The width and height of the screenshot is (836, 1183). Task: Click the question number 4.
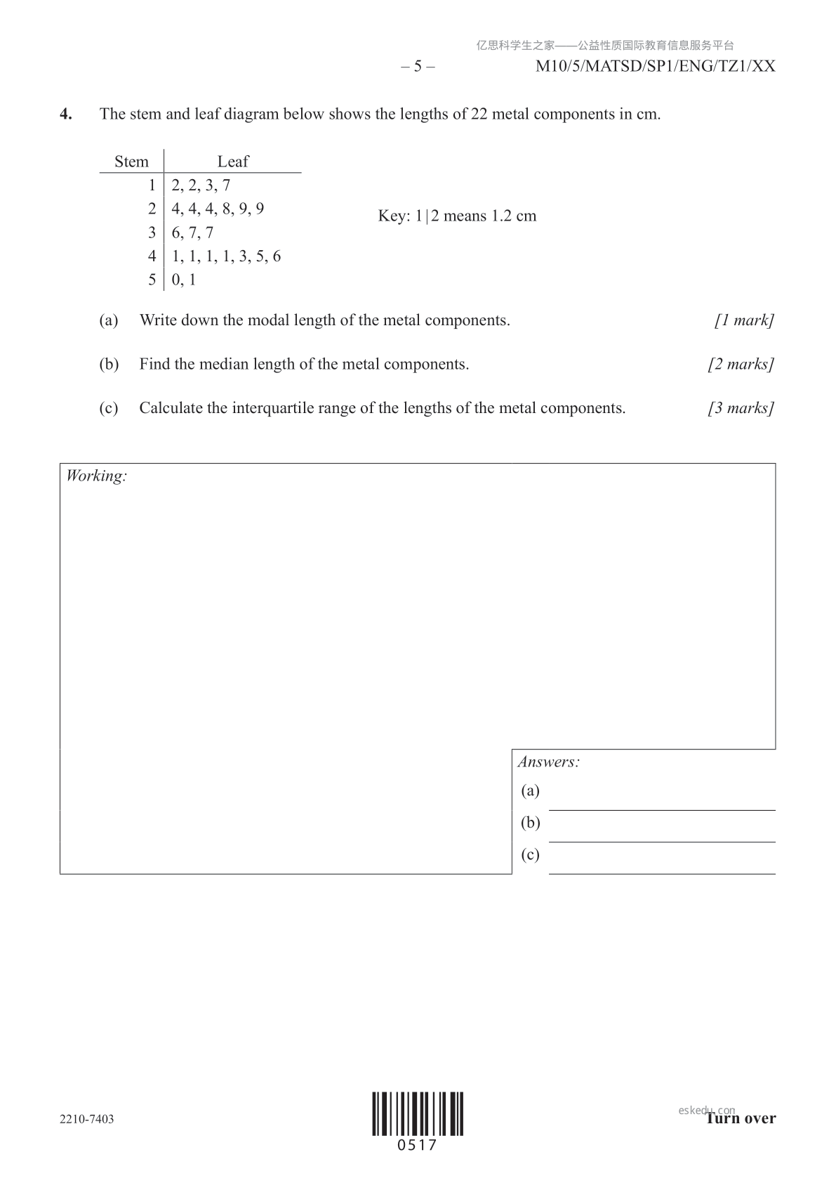coord(65,115)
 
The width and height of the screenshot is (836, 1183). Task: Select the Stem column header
coord(131,162)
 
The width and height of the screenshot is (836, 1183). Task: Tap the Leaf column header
coord(232,162)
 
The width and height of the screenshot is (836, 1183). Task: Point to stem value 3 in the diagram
coord(152,233)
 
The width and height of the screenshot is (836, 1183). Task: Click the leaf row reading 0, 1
coord(184,280)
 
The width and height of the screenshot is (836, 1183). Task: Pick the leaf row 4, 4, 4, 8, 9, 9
coord(218,209)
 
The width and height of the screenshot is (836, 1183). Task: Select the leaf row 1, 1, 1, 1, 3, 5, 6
coord(226,256)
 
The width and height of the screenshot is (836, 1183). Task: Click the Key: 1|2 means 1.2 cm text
coord(457,216)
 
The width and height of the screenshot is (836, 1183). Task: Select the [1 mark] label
coord(744,320)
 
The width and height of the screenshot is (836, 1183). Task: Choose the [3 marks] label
coord(741,408)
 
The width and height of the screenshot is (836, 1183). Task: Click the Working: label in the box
coord(96,476)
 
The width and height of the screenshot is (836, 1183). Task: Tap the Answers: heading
coord(548,762)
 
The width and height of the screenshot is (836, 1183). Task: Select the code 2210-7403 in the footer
coord(87,1119)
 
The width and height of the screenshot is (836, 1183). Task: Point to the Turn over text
coord(741,1118)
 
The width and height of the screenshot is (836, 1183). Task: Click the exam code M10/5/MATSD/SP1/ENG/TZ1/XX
coord(655,67)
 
